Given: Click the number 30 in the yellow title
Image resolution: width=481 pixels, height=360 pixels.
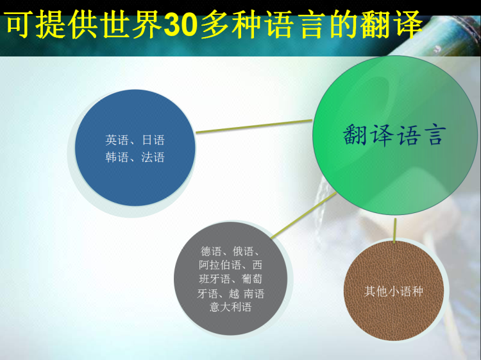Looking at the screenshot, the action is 180,24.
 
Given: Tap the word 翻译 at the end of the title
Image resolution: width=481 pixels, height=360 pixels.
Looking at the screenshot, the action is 391,24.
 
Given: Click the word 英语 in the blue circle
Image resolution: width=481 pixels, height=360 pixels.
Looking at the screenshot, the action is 117,141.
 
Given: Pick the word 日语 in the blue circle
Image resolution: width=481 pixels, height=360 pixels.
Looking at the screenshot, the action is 153,141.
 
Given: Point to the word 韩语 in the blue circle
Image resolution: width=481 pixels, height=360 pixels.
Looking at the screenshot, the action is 117,157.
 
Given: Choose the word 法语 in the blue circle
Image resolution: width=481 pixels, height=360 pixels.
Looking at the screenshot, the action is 153,157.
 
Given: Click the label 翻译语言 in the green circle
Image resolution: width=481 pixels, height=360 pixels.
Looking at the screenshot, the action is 394,135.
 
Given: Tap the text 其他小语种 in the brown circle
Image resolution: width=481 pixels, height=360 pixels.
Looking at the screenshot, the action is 394,291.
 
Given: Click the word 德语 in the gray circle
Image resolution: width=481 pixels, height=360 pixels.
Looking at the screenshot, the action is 211,252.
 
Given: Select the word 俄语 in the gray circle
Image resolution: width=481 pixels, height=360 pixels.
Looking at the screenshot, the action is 243,252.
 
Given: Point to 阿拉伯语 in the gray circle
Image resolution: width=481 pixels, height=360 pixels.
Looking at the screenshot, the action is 219,265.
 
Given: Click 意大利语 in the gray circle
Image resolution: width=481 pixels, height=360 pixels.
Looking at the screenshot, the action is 230,307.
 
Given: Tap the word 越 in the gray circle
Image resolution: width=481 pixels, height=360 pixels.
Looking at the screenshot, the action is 233,294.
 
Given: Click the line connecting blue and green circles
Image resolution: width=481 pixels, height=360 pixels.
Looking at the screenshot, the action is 254,126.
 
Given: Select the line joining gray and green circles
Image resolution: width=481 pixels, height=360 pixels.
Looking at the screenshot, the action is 304,216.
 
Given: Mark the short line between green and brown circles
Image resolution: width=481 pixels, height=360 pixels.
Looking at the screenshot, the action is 395,230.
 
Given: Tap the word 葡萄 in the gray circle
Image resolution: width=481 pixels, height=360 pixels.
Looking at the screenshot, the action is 252,279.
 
